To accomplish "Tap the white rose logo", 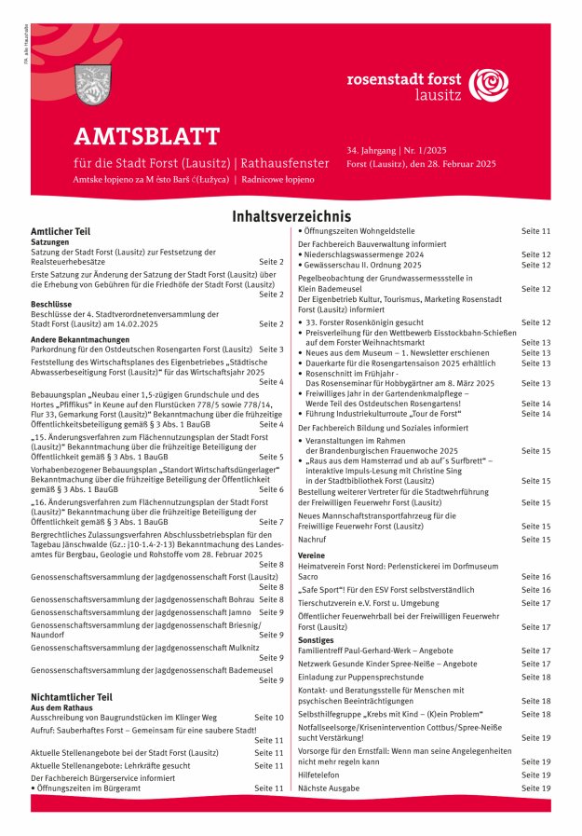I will (x=488, y=85).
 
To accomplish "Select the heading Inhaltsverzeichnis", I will (x=291, y=216).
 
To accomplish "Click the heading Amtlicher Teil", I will (x=60, y=230).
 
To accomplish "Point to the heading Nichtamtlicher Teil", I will (x=71, y=696).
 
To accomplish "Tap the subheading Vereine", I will (x=311, y=555).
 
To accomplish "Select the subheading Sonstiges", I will (x=316, y=640).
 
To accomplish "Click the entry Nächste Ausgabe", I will (x=329, y=788).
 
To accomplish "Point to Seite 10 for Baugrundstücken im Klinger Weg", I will (x=269, y=718).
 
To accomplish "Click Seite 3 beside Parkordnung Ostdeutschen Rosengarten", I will (x=271, y=349).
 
